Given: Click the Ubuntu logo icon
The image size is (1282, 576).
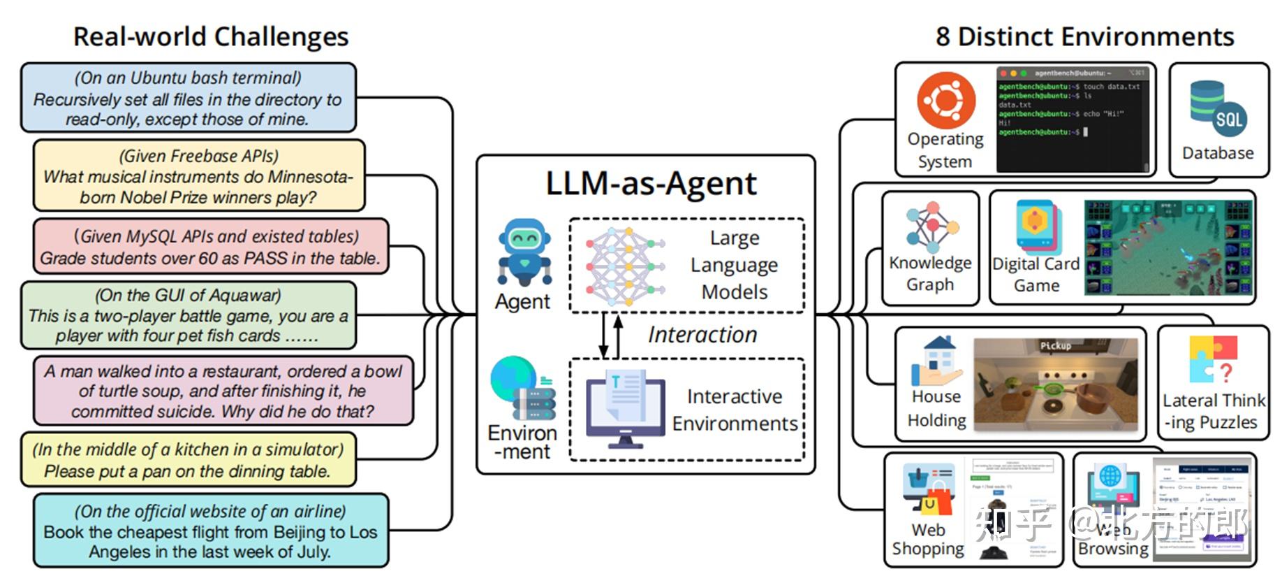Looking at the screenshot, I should [945, 99].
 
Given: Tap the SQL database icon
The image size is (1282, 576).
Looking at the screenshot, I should [1217, 110].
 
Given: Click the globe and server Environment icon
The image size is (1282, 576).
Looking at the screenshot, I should [522, 389].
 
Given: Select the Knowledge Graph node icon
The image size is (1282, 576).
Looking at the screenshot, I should [931, 227].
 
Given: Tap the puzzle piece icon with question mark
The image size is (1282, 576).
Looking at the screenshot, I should [1213, 360].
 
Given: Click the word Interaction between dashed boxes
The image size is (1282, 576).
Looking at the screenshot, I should [702, 335].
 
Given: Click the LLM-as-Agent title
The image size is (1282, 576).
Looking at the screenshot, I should [651, 184].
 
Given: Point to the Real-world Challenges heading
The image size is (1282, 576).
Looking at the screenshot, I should [210, 36].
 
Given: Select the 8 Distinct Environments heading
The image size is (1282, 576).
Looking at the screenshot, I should [1084, 36].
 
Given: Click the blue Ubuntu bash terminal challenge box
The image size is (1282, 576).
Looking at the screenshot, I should [188, 98].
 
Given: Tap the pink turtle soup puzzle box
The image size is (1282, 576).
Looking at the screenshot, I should [223, 391].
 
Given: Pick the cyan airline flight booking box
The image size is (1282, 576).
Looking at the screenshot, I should [210, 531].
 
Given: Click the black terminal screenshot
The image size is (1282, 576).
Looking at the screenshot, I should [1073, 119].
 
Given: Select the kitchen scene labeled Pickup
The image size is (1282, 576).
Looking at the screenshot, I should [1055, 384].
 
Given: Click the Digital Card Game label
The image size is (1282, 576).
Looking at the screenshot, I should [1036, 274].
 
